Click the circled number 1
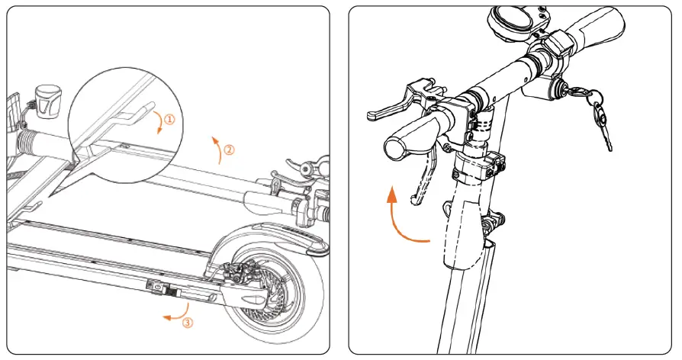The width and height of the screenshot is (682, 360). click(169, 119)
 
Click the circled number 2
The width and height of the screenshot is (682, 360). click(230, 149)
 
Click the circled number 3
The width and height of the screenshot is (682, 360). click(188, 322)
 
